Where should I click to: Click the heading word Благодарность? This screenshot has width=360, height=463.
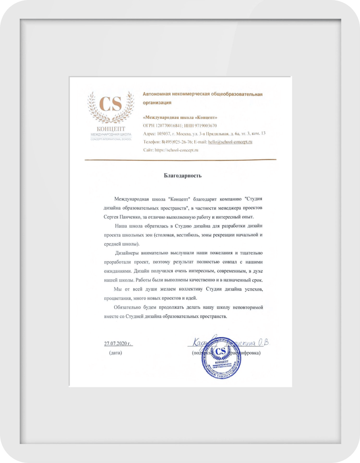click(182, 176)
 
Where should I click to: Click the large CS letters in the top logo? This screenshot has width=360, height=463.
click(111, 104)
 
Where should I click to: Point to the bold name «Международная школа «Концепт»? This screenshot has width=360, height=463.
click(180, 117)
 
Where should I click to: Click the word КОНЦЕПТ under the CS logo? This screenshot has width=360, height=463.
click(111, 129)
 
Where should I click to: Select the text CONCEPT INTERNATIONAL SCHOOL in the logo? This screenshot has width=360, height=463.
click(111, 139)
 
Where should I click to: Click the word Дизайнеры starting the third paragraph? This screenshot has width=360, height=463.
click(130, 253)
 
